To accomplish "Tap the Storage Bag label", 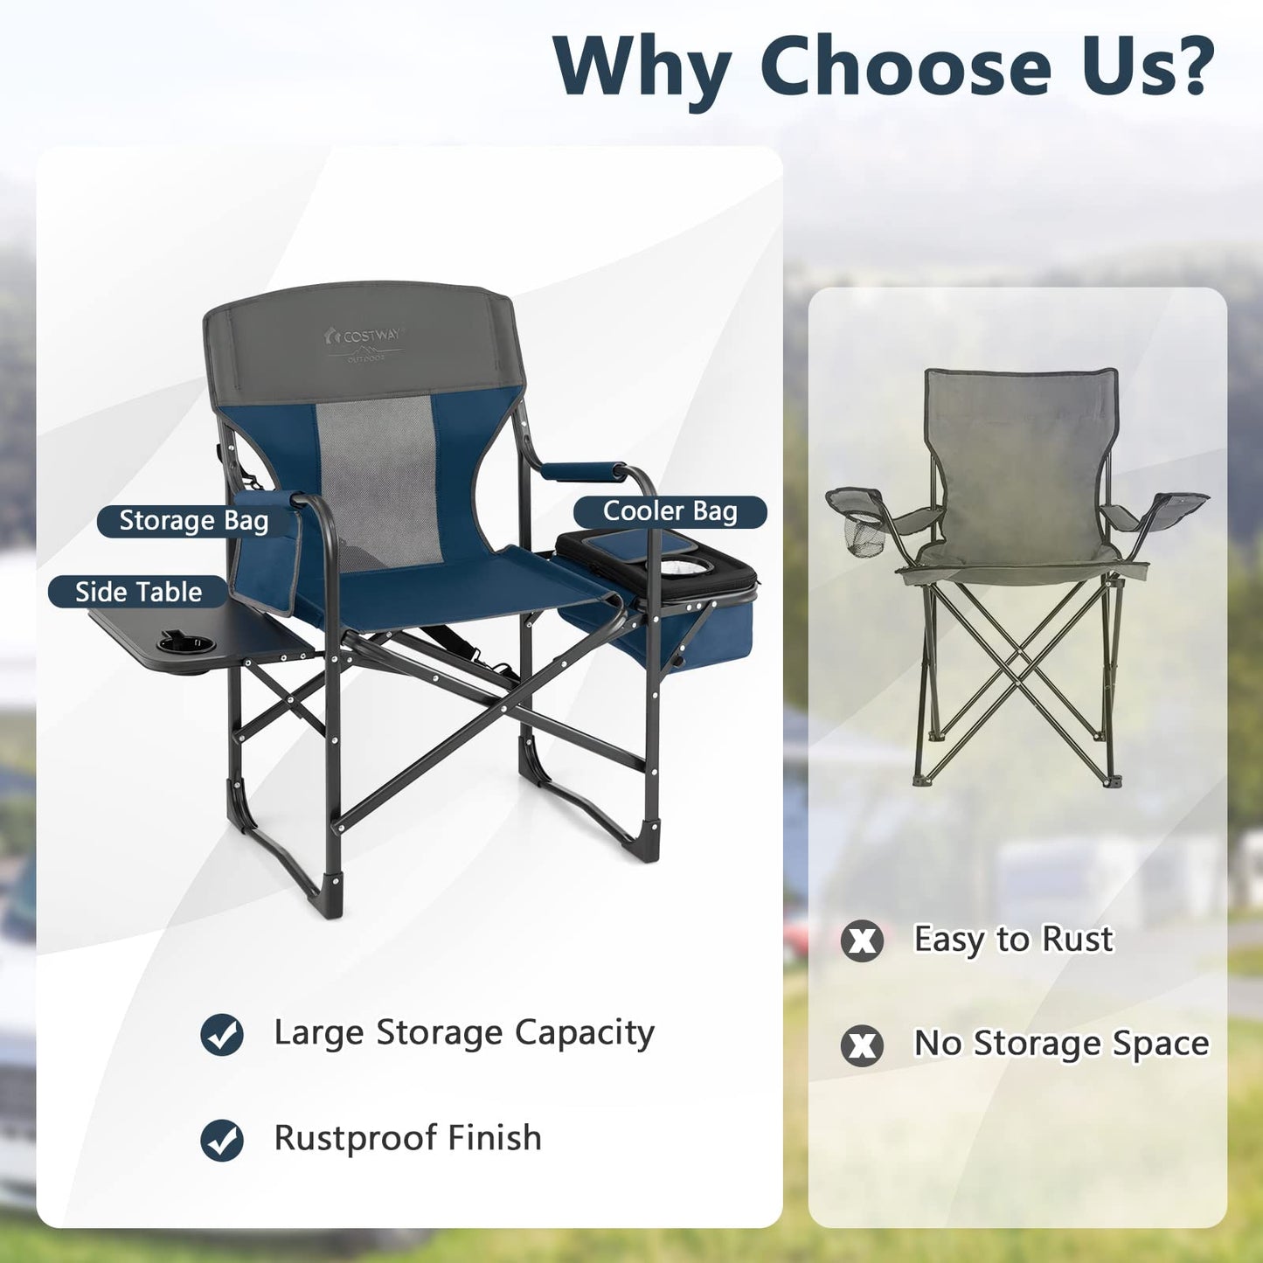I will coord(193,521).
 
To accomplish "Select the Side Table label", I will coord(138,592).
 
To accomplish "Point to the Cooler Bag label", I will coord(670,511).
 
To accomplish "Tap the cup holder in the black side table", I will coord(185,646).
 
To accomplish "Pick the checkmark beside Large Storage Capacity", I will coord(222,1035).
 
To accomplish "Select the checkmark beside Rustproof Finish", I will coord(222,1140).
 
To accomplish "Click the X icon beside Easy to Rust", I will coord(862,940).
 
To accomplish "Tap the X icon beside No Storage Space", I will coord(862,1045).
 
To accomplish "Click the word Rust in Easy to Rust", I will coord(1077,940).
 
